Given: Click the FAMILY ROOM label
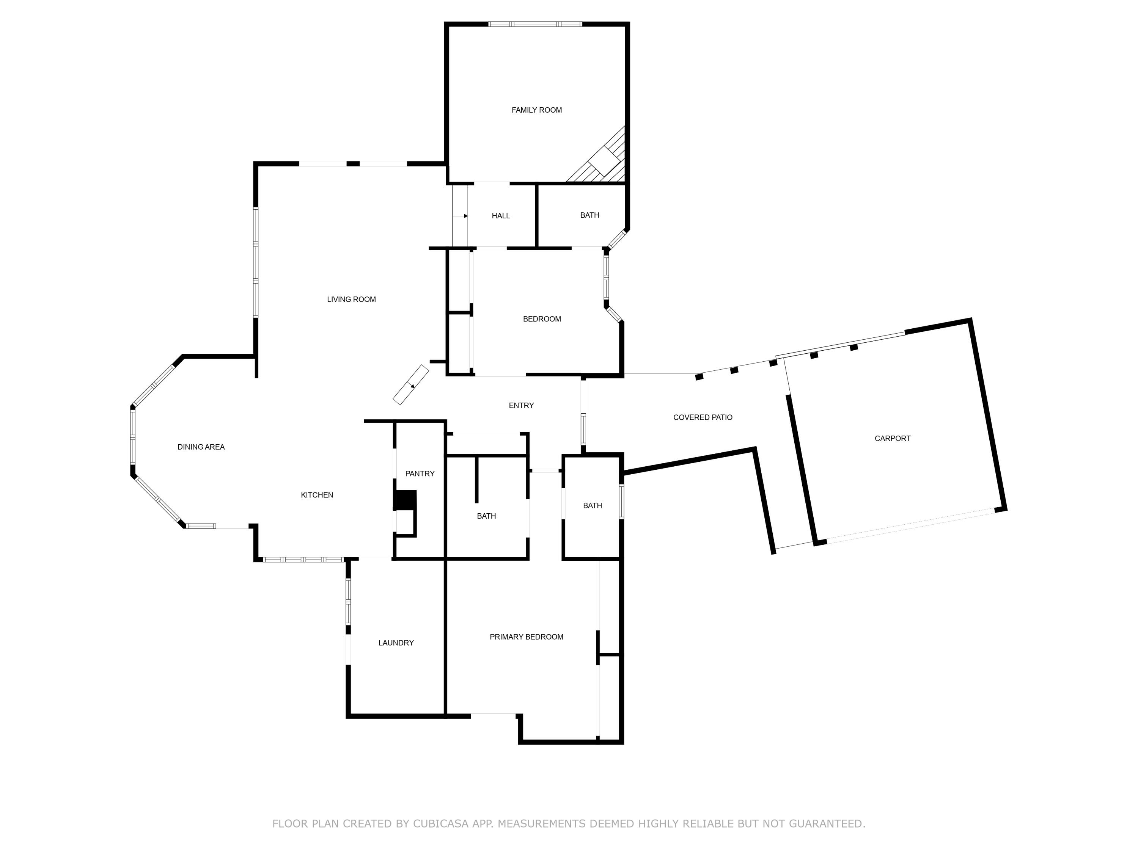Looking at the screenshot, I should point(537,110).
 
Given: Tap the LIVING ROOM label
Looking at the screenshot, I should point(351,299).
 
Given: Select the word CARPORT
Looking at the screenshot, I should point(893,439).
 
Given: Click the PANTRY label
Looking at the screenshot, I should point(420,474).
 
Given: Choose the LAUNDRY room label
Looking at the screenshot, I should point(396,643).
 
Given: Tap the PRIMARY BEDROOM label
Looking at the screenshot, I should point(526,637).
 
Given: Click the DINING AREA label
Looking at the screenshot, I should point(201,447).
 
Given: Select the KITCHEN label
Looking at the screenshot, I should point(317,495).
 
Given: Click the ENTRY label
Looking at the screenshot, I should point(521,406).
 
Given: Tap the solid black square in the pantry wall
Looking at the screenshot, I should point(406,500).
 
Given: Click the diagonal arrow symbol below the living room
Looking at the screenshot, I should point(410,384).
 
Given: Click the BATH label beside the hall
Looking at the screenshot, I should point(589,215).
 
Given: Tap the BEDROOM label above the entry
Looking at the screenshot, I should point(542,319).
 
